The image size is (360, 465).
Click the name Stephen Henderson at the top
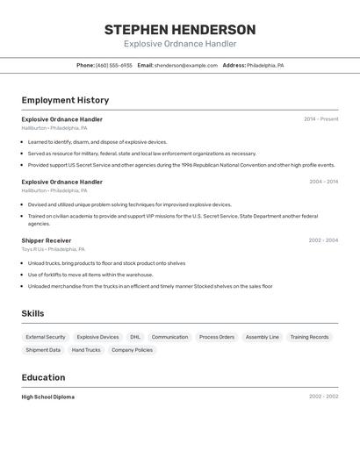pyautogui.click(x=180, y=29)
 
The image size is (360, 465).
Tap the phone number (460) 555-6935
pyautogui.click(x=114, y=65)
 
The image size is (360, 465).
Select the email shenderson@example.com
pyautogui.click(x=186, y=65)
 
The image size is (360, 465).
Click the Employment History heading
pyautogui.click(x=65, y=101)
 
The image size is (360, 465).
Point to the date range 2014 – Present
pyautogui.click(x=320, y=119)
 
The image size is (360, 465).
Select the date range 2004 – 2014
pyautogui.click(x=323, y=182)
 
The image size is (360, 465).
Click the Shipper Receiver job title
pyautogui.click(x=47, y=240)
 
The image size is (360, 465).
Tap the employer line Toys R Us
pyautogui.click(x=54, y=249)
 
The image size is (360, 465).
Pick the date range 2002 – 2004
pyautogui.click(x=323, y=240)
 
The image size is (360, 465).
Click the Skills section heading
pyautogui.click(x=32, y=313)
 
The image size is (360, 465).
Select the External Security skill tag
pyautogui.click(x=46, y=337)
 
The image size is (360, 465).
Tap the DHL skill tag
pyautogui.click(x=135, y=337)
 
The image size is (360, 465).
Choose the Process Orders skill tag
pyautogui.click(x=217, y=337)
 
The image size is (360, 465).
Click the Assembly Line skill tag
pyautogui.click(x=262, y=337)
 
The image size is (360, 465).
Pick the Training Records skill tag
pyautogui.click(x=309, y=337)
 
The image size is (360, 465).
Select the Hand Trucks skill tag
pyautogui.click(x=86, y=350)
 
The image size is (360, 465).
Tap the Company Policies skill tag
pyautogui.click(x=132, y=350)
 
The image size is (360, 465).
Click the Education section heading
pyautogui.click(x=43, y=377)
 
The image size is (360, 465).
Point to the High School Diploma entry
pyautogui.click(x=48, y=397)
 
